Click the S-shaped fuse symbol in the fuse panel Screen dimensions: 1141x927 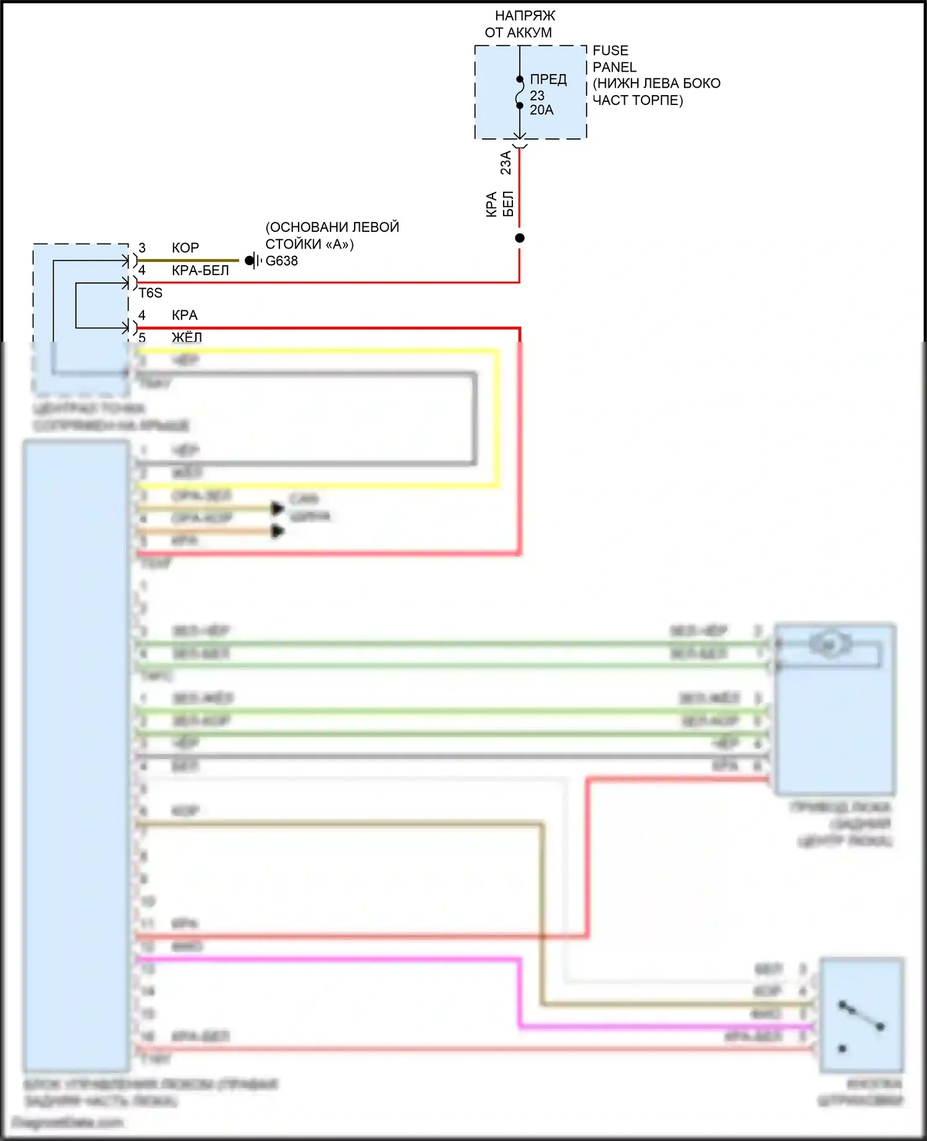(x=520, y=93)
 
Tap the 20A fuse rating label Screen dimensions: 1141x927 (x=541, y=110)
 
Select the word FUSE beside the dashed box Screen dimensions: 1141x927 (x=610, y=51)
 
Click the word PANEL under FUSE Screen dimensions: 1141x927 (x=614, y=67)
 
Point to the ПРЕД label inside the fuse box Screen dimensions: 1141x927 (x=548, y=79)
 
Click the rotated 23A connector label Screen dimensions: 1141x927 (x=506, y=162)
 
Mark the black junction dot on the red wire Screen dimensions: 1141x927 (x=520, y=238)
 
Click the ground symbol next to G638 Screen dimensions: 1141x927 (x=253, y=261)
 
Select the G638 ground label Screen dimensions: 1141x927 (x=282, y=261)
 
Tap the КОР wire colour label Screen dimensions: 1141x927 (x=185, y=248)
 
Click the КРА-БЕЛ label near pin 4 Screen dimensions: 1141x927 (x=200, y=271)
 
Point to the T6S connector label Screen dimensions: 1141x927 (x=150, y=293)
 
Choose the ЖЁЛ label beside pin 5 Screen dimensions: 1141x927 (x=187, y=337)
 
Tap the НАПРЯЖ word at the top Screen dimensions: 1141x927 (x=525, y=15)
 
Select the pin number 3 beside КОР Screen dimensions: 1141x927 (x=142, y=248)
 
